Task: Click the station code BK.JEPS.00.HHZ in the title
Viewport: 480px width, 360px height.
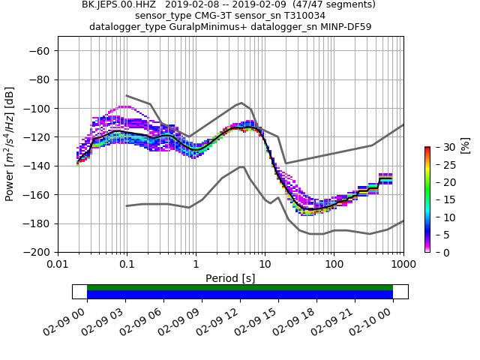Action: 116,4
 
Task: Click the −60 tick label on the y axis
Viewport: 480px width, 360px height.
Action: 39,50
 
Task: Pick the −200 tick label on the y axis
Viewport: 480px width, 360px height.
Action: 36,252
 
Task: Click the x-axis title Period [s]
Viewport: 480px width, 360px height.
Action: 230,277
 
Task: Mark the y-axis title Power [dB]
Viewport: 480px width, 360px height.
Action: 10,151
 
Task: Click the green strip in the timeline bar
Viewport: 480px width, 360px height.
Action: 240,287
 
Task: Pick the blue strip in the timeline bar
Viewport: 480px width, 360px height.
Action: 240,295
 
